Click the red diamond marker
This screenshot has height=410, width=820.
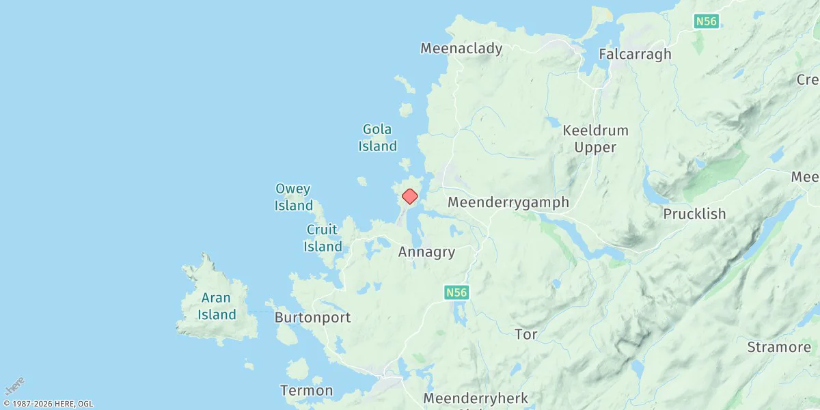[409, 197]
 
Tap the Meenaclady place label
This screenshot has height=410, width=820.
[461, 49]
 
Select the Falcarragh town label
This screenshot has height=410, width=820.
[635, 54]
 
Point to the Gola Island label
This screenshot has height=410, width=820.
[379, 137]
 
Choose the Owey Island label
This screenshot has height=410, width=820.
[294, 197]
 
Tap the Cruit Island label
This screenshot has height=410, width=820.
[323, 238]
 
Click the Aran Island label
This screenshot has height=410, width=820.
[217, 306]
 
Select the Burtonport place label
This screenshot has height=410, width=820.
[312, 318]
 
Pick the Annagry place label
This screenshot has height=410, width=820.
[426, 252]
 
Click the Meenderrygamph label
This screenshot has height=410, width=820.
[508, 202]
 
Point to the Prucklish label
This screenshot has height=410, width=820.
[694, 214]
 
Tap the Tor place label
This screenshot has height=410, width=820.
[525, 334]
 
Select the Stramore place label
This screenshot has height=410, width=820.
[778, 347]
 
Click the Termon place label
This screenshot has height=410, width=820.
[307, 391]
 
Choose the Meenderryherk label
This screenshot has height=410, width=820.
[476, 398]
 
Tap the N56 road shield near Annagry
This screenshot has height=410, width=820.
[456, 292]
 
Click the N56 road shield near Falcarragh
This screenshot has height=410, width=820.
[706, 22]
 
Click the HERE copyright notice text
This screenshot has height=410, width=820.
[48, 404]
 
